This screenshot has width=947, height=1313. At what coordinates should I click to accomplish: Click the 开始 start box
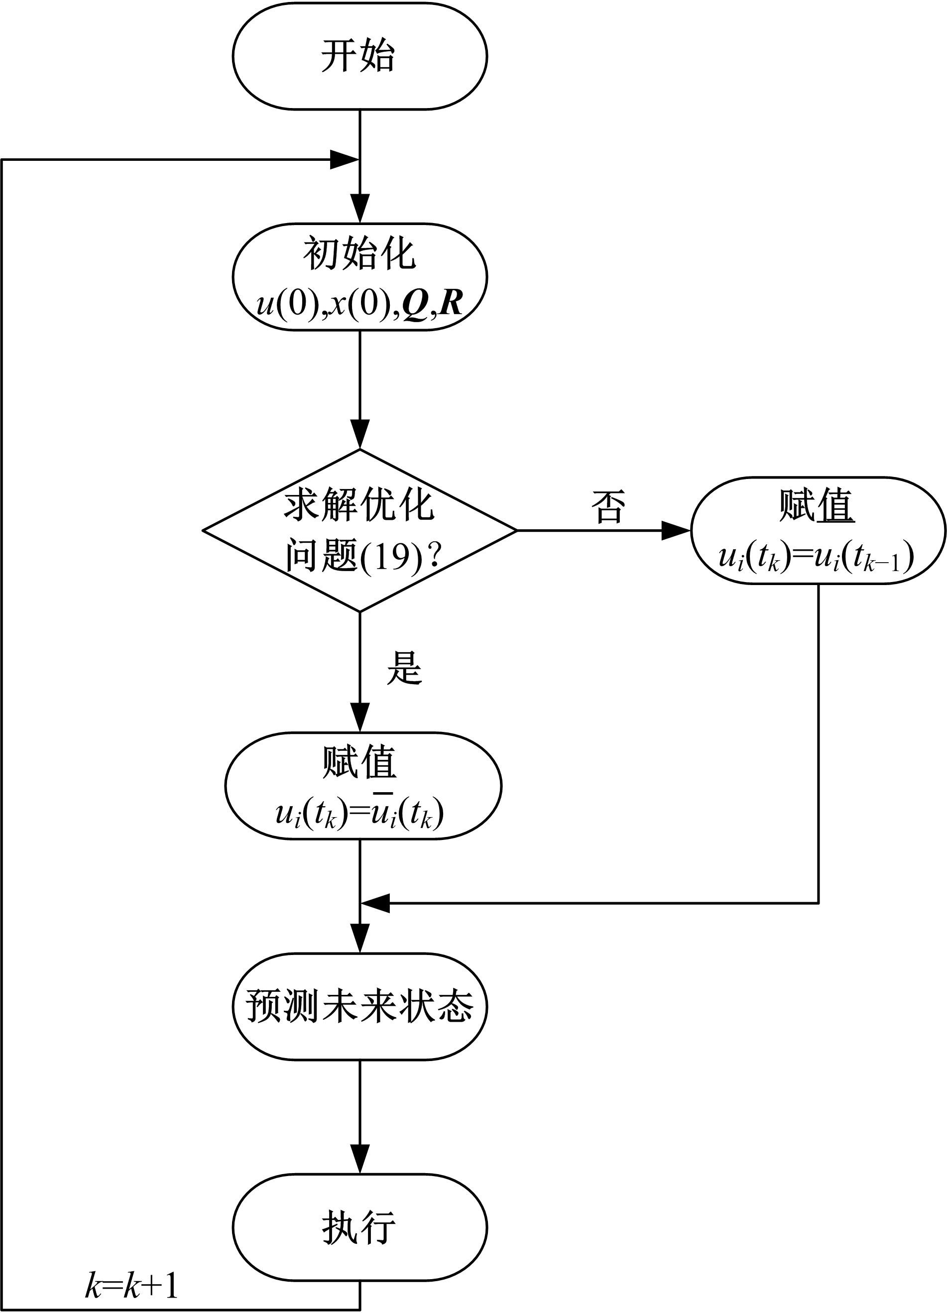point(359,56)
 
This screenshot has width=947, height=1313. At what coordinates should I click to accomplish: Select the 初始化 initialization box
point(359,277)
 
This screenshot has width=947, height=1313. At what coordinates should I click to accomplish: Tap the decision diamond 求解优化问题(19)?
point(359,530)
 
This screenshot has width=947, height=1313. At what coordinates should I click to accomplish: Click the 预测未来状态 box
point(359,1006)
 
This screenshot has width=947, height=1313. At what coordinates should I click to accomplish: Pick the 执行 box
point(359,1226)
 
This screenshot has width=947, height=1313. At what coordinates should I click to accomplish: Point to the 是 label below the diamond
point(404,668)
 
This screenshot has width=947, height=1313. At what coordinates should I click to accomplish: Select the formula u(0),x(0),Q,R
point(359,303)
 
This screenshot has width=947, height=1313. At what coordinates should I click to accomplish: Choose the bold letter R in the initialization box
point(451,303)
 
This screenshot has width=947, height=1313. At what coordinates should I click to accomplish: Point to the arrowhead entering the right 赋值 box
point(676,530)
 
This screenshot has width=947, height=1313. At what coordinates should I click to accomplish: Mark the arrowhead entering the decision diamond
point(359,435)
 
